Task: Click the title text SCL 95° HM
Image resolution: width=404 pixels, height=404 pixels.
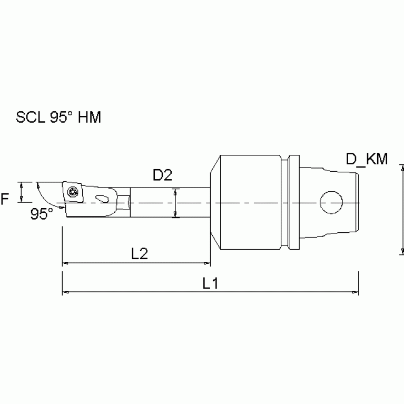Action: (x=58, y=117)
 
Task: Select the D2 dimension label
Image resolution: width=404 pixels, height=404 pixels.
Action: (x=163, y=176)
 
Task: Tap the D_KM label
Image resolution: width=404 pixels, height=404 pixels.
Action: (x=367, y=159)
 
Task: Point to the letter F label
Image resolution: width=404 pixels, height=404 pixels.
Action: (x=6, y=199)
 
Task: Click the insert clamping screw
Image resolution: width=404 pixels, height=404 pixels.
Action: (x=73, y=193)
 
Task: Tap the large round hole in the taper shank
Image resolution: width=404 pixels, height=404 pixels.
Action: (x=332, y=201)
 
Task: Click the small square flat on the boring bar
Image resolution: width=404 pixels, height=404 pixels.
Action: (x=125, y=203)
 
